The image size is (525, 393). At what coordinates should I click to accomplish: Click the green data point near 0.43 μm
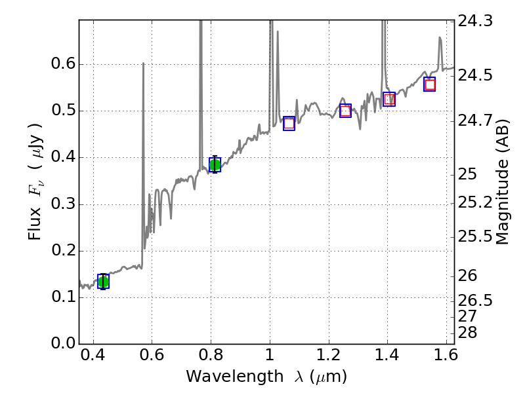click(x=103, y=282)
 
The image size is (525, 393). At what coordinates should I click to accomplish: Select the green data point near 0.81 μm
click(x=215, y=164)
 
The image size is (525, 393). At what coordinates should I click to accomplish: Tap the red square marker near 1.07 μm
click(x=289, y=124)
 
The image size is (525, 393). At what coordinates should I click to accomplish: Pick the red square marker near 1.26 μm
click(x=345, y=111)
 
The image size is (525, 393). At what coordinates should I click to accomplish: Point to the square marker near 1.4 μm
click(x=389, y=100)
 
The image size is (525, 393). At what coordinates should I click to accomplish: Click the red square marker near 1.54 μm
click(x=430, y=84)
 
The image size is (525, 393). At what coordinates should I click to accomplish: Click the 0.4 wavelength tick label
click(x=93, y=358)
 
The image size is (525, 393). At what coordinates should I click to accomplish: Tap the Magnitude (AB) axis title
click(x=503, y=182)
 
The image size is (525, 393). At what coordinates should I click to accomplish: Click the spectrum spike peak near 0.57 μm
click(x=143, y=64)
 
